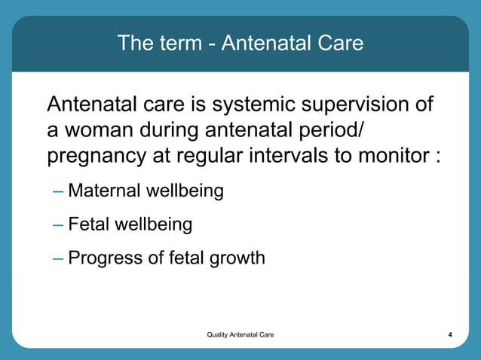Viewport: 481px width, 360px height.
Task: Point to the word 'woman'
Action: click(x=100, y=130)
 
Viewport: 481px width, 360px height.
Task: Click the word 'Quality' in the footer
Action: click(x=219, y=334)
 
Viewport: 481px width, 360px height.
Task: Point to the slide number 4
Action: click(x=449, y=334)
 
